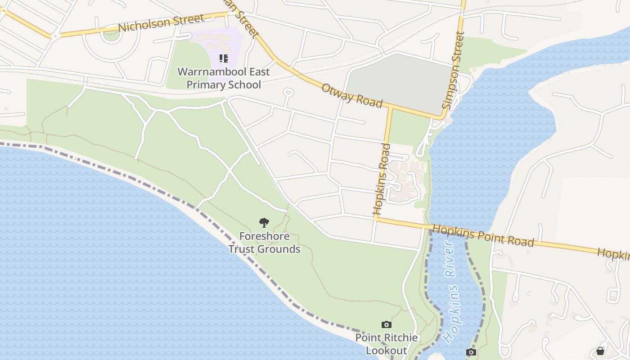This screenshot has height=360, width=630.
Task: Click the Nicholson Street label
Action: (x=162, y=23)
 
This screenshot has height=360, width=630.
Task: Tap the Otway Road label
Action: (x=351, y=95)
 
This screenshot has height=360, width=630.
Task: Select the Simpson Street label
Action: (x=453, y=71)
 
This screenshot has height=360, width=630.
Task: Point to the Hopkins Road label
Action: (x=380, y=179)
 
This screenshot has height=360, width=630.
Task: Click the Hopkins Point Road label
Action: (x=483, y=236)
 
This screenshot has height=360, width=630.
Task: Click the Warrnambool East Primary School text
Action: (x=224, y=78)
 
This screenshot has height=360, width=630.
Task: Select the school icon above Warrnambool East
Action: (x=224, y=58)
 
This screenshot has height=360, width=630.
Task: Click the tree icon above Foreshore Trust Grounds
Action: (x=264, y=222)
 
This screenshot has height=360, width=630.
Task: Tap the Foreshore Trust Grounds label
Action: (x=264, y=243)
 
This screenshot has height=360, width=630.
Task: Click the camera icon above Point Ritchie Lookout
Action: (x=386, y=324)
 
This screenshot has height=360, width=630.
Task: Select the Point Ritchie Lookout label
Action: (x=386, y=344)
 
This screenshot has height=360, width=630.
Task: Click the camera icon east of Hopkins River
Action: (x=471, y=352)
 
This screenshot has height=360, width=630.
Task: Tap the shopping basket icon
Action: (x=600, y=351)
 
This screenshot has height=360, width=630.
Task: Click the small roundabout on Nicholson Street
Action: (x=55, y=35)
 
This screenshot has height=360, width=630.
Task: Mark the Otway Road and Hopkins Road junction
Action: (x=390, y=108)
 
